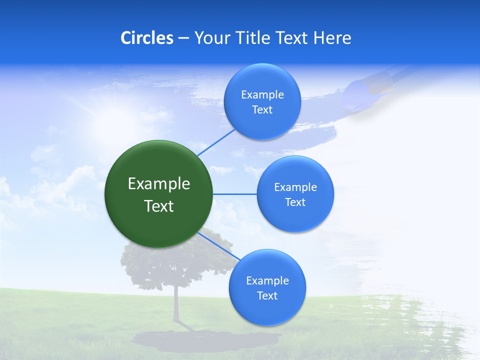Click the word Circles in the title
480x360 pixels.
[147, 38]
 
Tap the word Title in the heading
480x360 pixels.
[254, 38]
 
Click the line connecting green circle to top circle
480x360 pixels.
[216, 142]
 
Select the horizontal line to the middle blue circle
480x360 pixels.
[234, 194]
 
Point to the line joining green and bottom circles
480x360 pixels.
[219, 246]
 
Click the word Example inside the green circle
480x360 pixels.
[159, 184]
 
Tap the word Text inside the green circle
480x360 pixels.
[159, 206]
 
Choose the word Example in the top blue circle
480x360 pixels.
[262, 95]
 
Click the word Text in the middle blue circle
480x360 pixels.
[295, 202]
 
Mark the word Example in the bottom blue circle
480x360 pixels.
[267, 281]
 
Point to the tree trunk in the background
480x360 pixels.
[176, 305]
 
